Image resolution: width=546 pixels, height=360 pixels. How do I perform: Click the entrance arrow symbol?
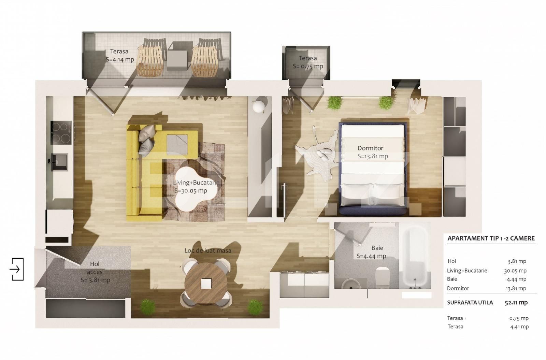coord(16,269)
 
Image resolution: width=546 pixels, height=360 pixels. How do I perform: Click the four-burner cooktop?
coord(60,133)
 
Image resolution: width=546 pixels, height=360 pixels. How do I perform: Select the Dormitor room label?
coord(371,148)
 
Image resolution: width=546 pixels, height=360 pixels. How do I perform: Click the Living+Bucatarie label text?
coord(196,183)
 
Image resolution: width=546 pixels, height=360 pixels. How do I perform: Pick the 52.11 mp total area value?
coord(516,303)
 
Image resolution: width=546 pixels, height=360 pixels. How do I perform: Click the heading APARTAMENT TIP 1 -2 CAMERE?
coord(491,239)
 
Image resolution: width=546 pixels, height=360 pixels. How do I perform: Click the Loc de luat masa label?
coord(207,251)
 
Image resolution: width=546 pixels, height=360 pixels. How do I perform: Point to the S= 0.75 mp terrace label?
coord(307,66)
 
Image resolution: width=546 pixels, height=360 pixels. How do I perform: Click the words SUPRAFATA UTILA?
coord(470,303)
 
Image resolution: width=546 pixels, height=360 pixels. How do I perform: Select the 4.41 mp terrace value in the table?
coord(519,327)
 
